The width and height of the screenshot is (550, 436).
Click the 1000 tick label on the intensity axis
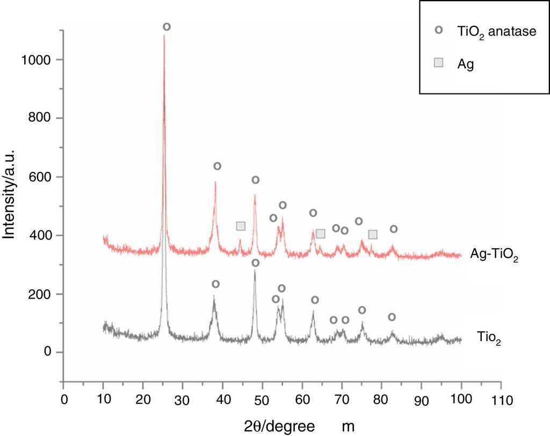[x=37, y=60]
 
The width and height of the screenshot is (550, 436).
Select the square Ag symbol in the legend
[x=439, y=63]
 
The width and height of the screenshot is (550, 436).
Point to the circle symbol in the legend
[x=439, y=31]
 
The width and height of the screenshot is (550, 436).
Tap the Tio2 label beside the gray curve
[x=489, y=338]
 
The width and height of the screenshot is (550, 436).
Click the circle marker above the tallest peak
[x=167, y=27]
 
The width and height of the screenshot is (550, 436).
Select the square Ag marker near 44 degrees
[x=241, y=226]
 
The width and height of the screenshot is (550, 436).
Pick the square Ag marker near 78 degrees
[x=373, y=234]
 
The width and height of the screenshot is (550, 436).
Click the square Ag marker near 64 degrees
[x=321, y=234]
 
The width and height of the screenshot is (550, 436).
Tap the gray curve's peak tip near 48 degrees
[x=255, y=271]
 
